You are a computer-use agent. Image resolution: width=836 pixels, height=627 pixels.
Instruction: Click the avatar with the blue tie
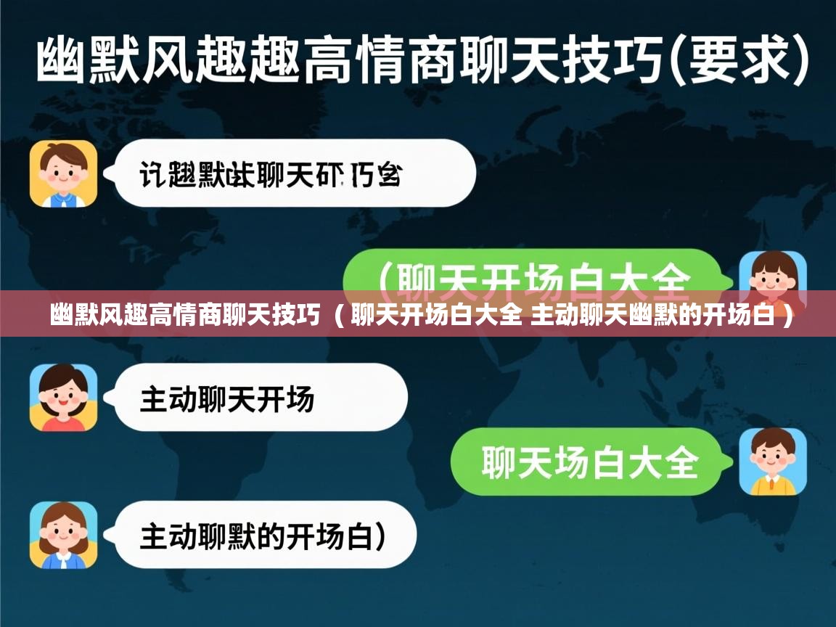pos(63,174)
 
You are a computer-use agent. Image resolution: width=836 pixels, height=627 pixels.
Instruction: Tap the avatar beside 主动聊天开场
pos(63,398)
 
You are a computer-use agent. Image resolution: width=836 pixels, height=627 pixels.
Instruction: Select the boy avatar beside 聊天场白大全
pos(773,462)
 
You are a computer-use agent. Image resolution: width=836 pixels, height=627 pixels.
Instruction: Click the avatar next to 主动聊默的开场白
pos(63,535)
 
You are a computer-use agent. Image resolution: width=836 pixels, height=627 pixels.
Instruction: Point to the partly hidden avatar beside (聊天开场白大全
pos(773,272)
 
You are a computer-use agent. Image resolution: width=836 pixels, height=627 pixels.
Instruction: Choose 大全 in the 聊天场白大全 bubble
pos(665,462)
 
